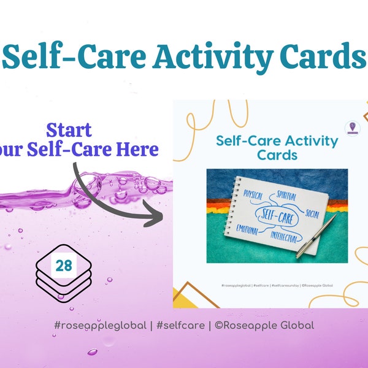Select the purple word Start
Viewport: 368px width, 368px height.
tap(69, 130)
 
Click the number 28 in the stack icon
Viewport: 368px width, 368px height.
tap(64, 266)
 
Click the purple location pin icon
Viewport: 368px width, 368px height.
tap(352, 128)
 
